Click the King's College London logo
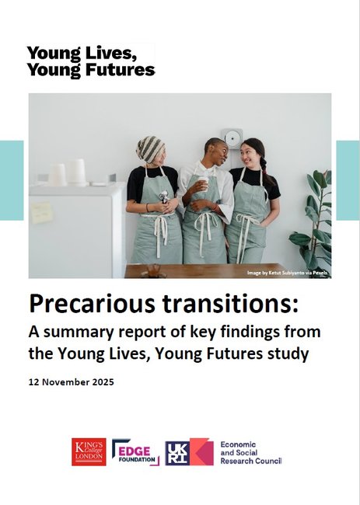click(89, 451)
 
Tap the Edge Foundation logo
click(135, 451)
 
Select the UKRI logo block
click(189, 451)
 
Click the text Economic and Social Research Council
click(250, 451)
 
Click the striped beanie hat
click(150, 148)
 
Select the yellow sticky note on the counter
click(41, 211)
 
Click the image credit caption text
click(288, 273)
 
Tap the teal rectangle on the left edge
click(11, 180)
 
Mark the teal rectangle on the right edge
click(348, 180)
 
